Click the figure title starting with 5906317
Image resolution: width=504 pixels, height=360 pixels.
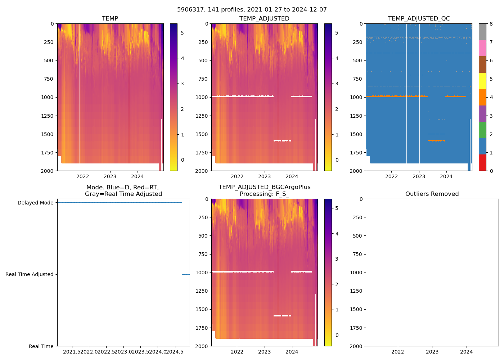[252, 10]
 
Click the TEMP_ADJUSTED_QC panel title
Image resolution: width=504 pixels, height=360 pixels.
[419, 18]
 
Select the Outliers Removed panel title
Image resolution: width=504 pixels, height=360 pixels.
[432, 194]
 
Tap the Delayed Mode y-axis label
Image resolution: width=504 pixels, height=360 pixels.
[35, 203]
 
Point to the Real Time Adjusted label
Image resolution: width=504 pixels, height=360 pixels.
[29, 274]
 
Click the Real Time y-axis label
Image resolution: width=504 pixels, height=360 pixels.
[41, 346]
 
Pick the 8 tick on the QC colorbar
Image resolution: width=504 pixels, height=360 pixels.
[491, 24]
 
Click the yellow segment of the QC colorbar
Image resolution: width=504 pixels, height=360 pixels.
[482, 81]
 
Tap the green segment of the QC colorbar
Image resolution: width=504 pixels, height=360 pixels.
[482, 130]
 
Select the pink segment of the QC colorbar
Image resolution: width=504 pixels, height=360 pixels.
[482, 48]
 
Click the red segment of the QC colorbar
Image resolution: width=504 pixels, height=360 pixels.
[482, 162]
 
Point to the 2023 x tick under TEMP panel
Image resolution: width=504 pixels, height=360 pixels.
[110, 176]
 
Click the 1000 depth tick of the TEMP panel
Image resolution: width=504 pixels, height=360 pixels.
[47, 97]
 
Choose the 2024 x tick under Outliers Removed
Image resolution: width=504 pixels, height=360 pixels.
[466, 352]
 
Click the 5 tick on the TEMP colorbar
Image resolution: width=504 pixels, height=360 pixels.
[182, 33]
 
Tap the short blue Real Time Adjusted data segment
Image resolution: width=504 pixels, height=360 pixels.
[186, 274]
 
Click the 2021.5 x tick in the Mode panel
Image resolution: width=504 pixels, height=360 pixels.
[73, 352]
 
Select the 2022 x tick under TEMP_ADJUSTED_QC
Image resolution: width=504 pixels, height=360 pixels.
[391, 176]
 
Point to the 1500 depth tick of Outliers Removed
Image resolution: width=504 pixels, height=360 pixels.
[356, 309]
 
